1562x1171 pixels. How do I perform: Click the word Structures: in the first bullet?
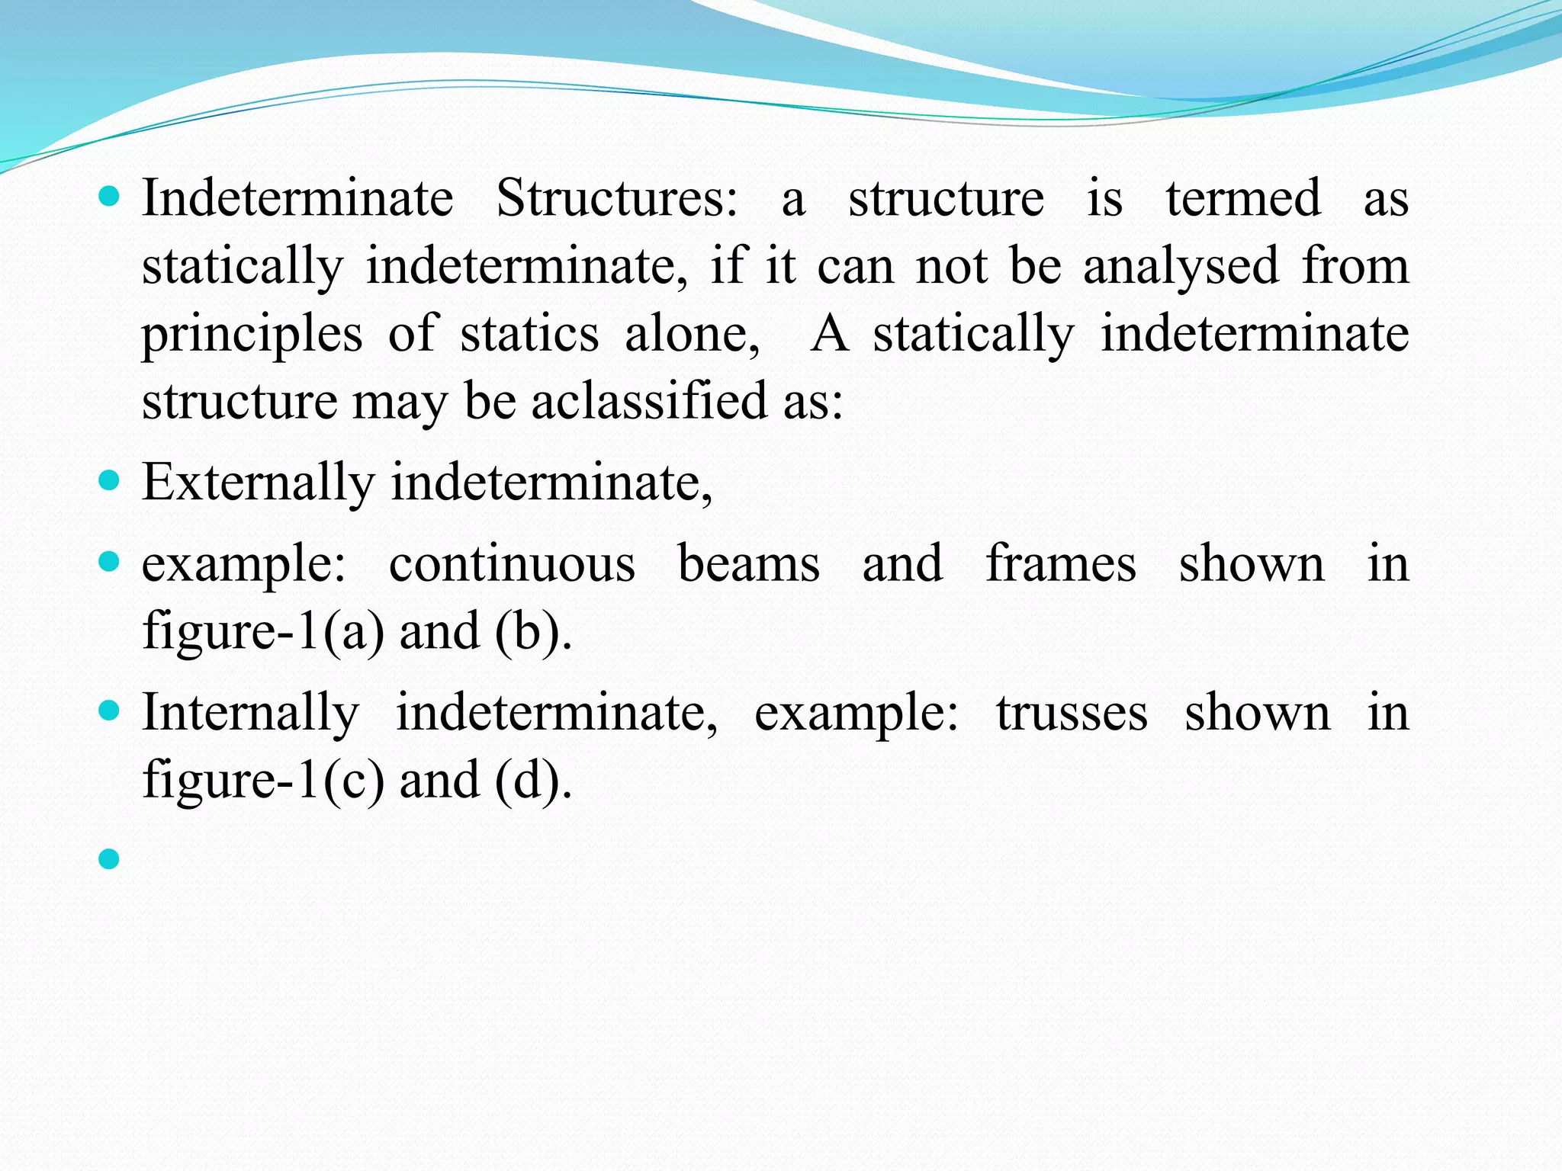tap(617, 198)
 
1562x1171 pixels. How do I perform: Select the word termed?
tap(1243, 198)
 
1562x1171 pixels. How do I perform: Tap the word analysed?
tap(1181, 267)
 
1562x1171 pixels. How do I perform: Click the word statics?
tap(529, 334)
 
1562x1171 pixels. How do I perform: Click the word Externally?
tap(258, 483)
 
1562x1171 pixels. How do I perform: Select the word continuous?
tap(512, 564)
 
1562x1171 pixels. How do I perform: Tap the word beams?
tap(749, 564)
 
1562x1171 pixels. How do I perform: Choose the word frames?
tap(1061, 564)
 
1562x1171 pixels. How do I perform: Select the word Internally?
tap(250, 713)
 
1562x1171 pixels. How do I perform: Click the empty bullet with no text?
tap(110, 859)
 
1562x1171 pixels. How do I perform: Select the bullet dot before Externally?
tap(110, 481)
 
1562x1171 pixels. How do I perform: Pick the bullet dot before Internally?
tap(110, 711)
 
